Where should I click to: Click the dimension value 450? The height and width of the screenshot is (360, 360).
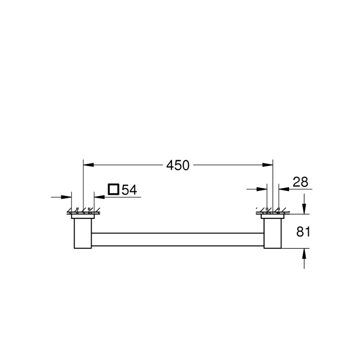pos(178,165)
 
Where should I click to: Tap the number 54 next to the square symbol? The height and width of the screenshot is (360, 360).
pos(129,190)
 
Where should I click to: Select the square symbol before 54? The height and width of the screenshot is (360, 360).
pos(113,190)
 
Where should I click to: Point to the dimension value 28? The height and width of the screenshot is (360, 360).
pos(301,182)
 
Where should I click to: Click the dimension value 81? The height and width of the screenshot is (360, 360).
pos(303,231)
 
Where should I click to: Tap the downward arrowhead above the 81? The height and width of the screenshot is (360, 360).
pos(304,209)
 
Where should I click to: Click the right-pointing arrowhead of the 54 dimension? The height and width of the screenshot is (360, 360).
pos(67,197)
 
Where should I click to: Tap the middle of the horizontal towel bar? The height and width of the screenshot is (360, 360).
pos(178,239)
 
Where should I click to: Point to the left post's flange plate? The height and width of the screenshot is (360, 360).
pos(83,216)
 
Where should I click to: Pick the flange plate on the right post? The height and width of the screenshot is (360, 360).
pos(272,216)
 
